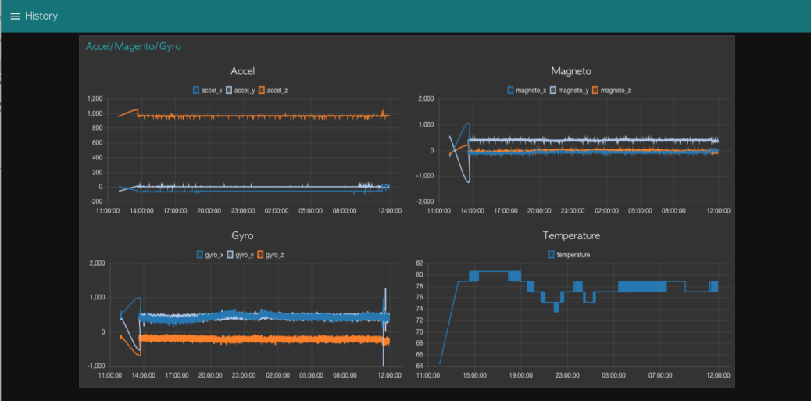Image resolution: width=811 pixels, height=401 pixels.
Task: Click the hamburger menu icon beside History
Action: tap(15, 16)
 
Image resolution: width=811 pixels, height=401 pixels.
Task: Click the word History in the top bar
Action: tap(41, 16)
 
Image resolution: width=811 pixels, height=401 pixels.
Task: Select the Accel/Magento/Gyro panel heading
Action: tap(133, 47)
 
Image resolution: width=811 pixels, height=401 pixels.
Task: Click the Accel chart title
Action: tap(242, 71)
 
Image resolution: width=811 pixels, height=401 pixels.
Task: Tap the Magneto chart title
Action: tap(570, 71)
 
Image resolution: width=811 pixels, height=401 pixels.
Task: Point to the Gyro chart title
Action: tap(242, 235)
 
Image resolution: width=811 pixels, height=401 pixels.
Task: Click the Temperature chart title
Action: tap(570, 235)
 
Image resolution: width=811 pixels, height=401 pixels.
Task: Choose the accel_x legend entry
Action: tap(208, 91)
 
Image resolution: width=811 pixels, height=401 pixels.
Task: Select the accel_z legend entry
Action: tap(273, 91)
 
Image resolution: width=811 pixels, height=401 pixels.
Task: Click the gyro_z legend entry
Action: tap(271, 255)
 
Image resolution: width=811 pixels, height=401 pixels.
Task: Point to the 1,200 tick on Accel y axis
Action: tap(95, 99)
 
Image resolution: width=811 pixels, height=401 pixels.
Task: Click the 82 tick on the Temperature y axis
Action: tap(419, 263)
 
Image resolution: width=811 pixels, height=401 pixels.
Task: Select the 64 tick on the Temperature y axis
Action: tap(419, 364)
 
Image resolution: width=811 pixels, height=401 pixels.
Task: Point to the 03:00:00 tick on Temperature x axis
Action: tap(613, 374)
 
